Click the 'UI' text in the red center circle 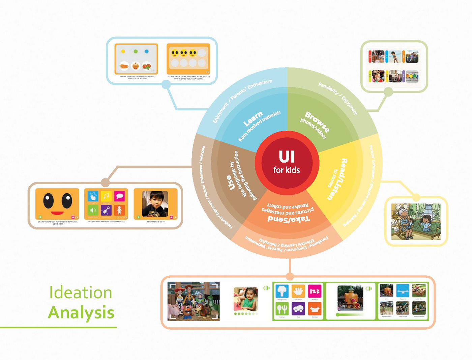click(x=287, y=157)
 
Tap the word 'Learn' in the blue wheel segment click(x=253, y=119)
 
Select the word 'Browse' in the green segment click(x=317, y=122)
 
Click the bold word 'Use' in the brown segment click(x=231, y=183)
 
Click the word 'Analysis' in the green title click(x=81, y=313)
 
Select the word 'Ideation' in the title click(x=81, y=293)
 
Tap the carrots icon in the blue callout click(x=124, y=66)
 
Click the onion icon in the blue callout click(x=136, y=66)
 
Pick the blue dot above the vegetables click(x=147, y=52)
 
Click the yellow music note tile click(x=106, y=196)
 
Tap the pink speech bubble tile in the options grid click(x=119, y=196)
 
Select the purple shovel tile click(x=106, y=210)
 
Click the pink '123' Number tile click(x=315, y=291)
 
